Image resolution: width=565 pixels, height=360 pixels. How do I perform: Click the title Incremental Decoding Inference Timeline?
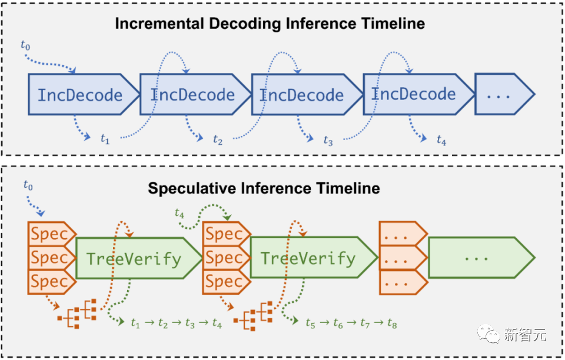pos(270,24)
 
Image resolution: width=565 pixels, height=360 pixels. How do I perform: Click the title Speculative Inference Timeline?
pos(264,189)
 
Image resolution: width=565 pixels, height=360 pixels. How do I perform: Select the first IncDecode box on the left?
pos(81,95)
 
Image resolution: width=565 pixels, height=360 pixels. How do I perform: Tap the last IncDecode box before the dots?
pos(414,94)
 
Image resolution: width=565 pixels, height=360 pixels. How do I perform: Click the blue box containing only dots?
pos(500,95)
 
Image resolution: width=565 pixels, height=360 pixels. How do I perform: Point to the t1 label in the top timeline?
pos(105,139)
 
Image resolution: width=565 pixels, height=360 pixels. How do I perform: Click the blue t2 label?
pos(218,141)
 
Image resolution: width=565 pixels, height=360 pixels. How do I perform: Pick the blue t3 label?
pos(328,141)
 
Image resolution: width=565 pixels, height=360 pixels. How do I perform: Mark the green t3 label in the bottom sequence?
pos(190,323)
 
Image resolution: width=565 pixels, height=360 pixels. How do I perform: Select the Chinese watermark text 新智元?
pos(525,335)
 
